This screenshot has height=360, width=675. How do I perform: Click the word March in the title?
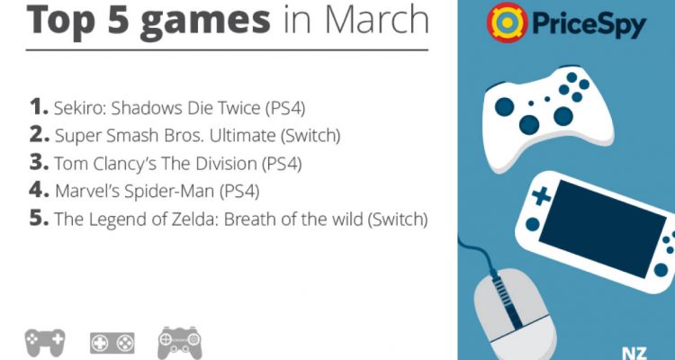tap(377, 19)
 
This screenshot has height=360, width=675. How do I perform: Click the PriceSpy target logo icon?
tap(507, 22)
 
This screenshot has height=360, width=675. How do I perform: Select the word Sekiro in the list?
tap(78, 109)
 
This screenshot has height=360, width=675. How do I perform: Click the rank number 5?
tap(39, 219)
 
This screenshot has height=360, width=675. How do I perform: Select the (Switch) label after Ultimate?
tap(310, 136)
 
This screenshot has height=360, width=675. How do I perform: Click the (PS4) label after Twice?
tap(285, 109)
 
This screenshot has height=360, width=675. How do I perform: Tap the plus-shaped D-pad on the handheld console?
tap(541, 197)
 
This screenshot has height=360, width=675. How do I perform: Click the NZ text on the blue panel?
tap(634, 352)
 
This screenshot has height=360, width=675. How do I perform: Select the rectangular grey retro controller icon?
tap(112, 343)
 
